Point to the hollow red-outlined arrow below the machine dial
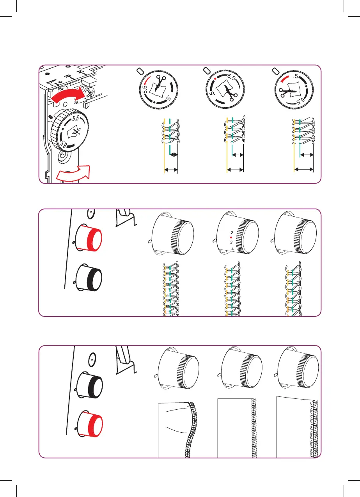pos(73,174)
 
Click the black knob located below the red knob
pos(89,276)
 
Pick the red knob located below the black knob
pos(90,424)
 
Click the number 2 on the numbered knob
pos(232,232)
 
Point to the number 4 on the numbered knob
pos(232,248)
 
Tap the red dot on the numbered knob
pos(231,237)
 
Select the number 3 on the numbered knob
pos(232,242)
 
